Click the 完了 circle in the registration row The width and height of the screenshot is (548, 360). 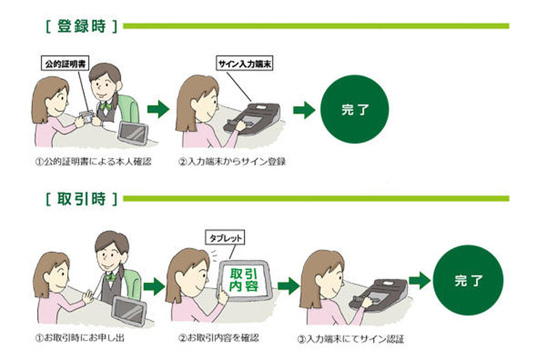point(354,110)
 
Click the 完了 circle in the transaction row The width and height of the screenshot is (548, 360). point(469,281)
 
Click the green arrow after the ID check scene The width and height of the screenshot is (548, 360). point(158,108)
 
